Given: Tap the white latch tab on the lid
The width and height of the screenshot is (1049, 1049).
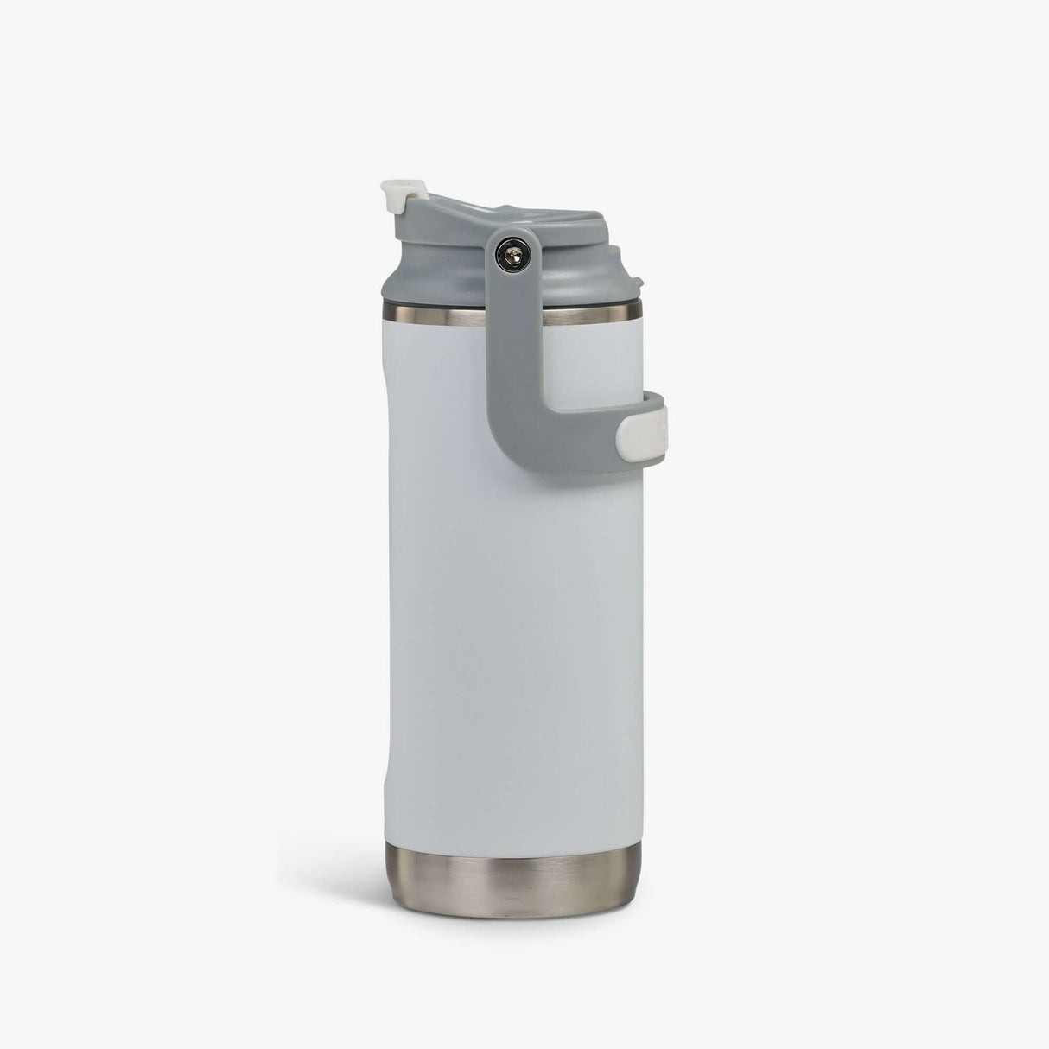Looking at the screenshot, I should (x=397, y=195).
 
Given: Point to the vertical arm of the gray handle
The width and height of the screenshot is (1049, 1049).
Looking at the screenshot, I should (x=516, y=337).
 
